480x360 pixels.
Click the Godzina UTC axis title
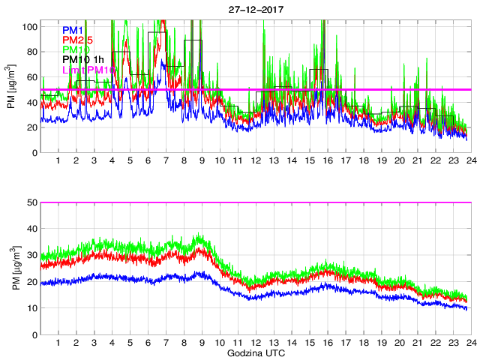pos(255,352)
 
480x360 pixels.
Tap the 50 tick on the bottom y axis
pos(32,202)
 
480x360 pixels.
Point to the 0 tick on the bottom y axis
pos(34,334)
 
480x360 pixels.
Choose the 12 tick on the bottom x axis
pos(256,343)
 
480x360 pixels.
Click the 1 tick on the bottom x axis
pos(58,343)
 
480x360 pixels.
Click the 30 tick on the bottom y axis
pos(32,256)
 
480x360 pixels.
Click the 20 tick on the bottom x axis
pos(399,343)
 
